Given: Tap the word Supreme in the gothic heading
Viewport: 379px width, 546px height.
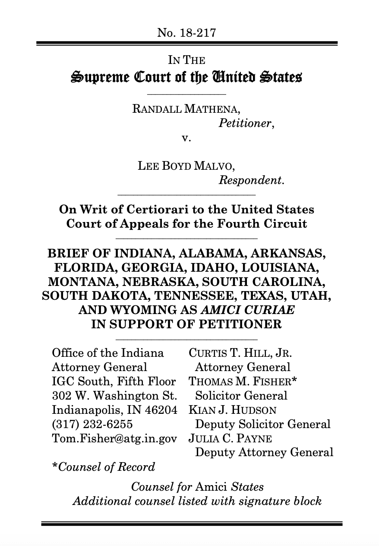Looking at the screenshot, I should coord(99,79).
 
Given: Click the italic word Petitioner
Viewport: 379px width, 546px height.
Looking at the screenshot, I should coord(246,124).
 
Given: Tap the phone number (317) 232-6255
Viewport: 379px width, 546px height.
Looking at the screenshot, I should coord(92,424).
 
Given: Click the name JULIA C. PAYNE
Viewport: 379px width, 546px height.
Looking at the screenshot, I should coord(230,438).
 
